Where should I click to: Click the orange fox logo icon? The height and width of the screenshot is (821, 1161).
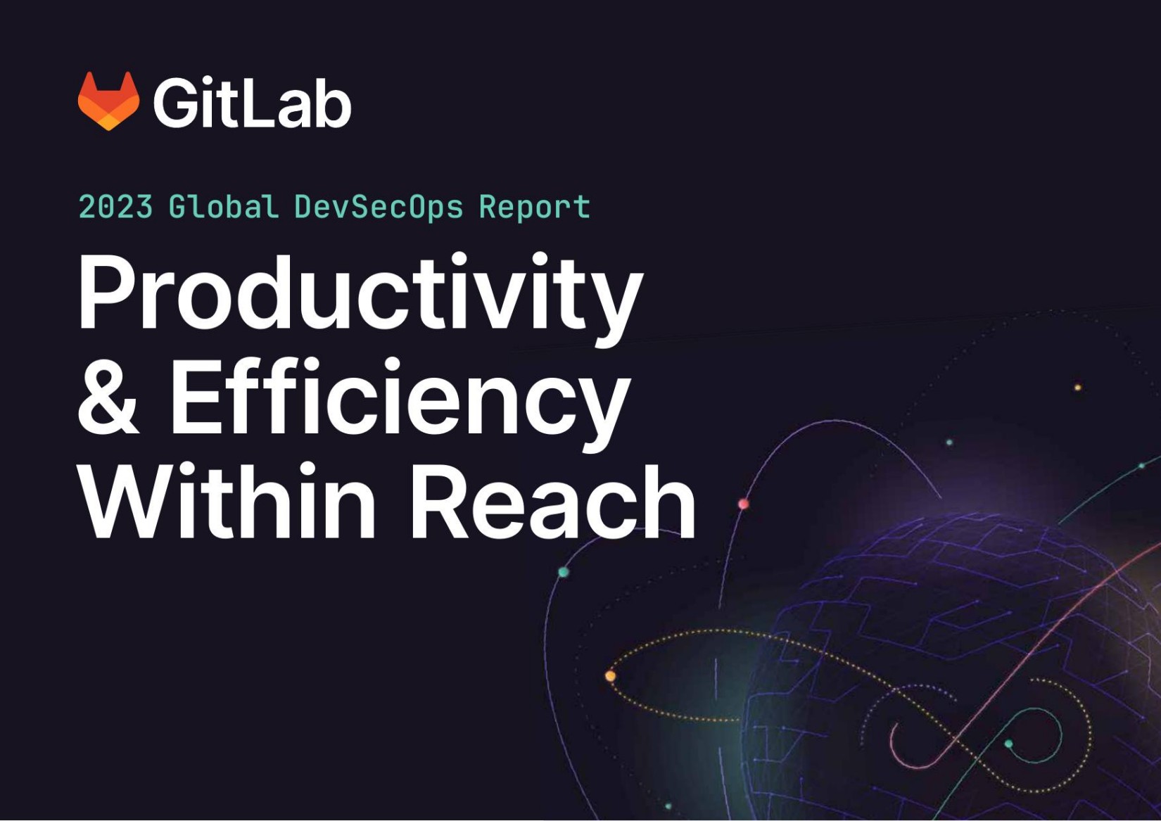108,101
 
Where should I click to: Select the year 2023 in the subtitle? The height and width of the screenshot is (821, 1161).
115,208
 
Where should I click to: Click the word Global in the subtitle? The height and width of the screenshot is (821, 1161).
223,208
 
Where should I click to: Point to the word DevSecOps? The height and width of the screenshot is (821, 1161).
378,208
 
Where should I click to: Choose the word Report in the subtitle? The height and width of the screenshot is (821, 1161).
534,208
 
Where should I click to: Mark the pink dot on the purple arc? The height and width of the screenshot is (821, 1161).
744,504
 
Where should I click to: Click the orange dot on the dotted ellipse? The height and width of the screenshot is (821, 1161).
610,676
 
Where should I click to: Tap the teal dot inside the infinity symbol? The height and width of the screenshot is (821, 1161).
1008,744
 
